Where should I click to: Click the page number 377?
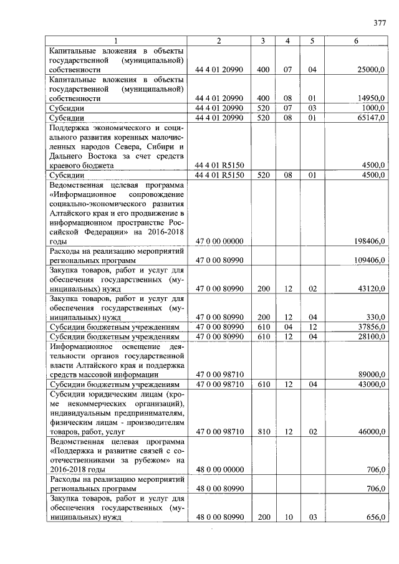pyautogui.click(x=380, y=24)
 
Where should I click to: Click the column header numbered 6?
pyautogui.click(x=356, y=41)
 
